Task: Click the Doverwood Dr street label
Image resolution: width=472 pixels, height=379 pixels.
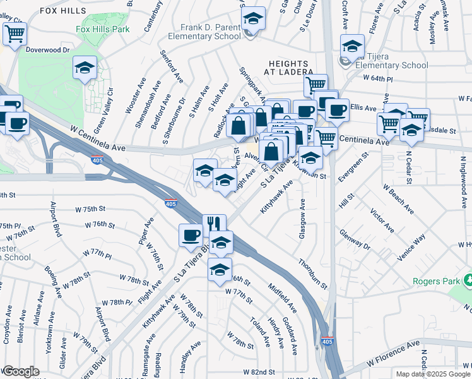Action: tap(48, 47)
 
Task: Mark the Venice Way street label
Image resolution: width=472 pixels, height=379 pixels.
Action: tap(411, 248)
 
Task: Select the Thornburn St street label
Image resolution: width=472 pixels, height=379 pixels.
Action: tap(314, 274)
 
